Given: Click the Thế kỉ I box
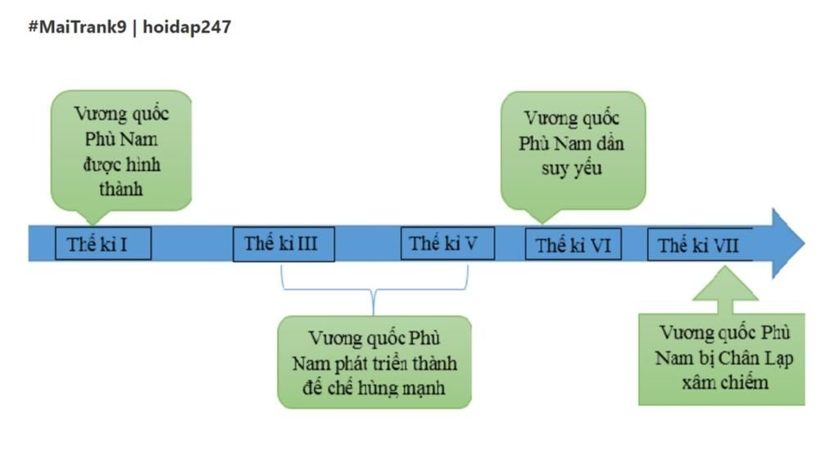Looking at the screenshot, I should [x=103, y=244].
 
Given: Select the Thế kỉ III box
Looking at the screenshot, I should [x=283, y=244].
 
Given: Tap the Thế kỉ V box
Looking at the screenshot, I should [x=447, y=243].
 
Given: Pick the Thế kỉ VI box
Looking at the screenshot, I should [x=574, y=245].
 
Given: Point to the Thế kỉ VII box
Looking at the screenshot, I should [x=699, y=245].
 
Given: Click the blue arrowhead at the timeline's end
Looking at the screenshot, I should [x=788, y=243].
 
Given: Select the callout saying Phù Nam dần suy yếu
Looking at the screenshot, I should [x=572, y=148].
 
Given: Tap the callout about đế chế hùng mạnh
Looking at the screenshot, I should [x=374, y=362].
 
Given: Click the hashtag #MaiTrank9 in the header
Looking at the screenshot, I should [x=77, y=27].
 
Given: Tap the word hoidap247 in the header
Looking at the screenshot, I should [x=187, y=27].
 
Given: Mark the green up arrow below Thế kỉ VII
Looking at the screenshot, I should [x=724, y=291].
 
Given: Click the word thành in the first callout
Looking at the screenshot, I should [x=121, y=189].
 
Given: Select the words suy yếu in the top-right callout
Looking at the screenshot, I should [x=572, y=169].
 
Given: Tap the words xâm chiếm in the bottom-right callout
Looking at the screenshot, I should [x=724, y=382].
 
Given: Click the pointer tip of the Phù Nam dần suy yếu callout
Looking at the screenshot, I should [x=541, y=220].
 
